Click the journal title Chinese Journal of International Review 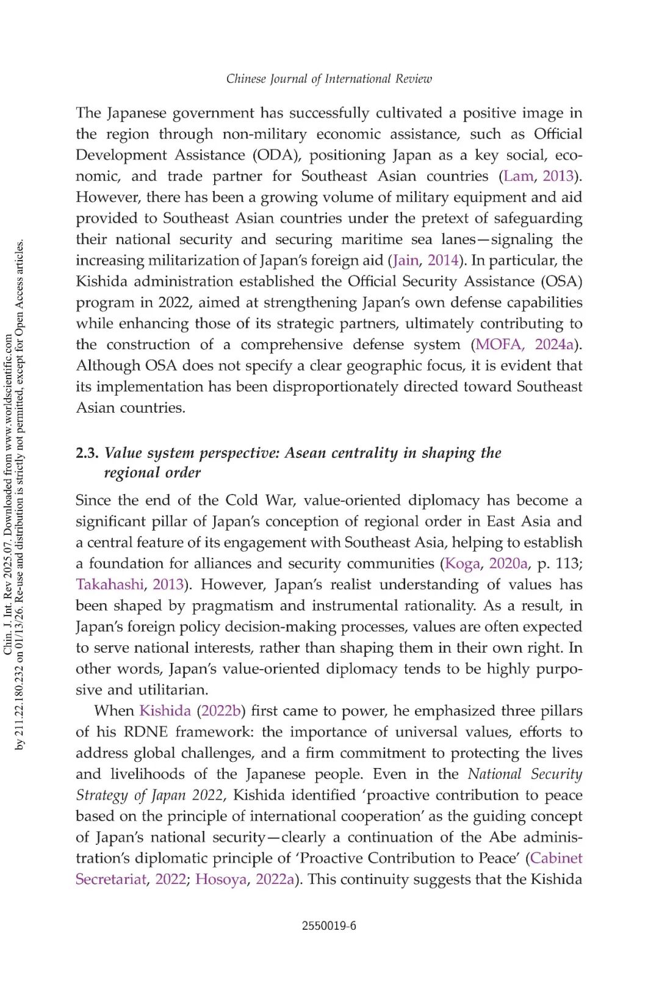point(329,79)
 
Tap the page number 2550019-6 point(329,926)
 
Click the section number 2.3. point(87,453)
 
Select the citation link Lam point(518,176)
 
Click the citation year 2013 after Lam point(558,176)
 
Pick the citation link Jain point(406,261)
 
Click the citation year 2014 point(443,261)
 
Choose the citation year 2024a point(555,345)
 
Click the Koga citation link point(463,563)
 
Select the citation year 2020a point(509,563)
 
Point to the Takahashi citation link point(109,585)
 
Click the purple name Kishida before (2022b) point(165,711)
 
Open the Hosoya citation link point(221,880)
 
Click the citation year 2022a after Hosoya point(275,880)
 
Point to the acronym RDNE point(145,732)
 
